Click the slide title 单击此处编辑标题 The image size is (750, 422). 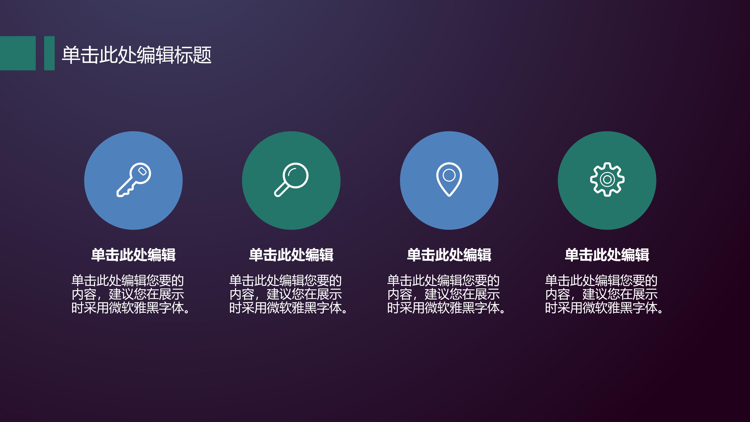point(137,55)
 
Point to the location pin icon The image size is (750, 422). point(449,179)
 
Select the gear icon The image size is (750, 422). point(607,179)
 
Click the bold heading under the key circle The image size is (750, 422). point(133,255)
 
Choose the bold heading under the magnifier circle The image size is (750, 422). point(291,255)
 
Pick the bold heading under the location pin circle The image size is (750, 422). point(449,255)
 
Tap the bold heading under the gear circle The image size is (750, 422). point(607,255)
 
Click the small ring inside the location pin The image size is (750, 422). point(449,175)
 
